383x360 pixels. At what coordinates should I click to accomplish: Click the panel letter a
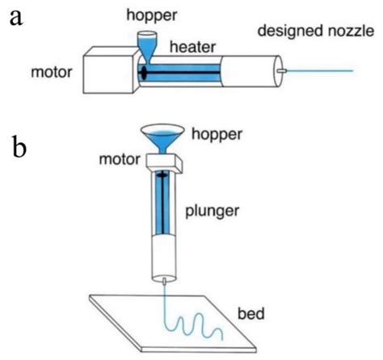coord(15,17)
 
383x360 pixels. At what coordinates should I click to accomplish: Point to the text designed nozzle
coord(305,31)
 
